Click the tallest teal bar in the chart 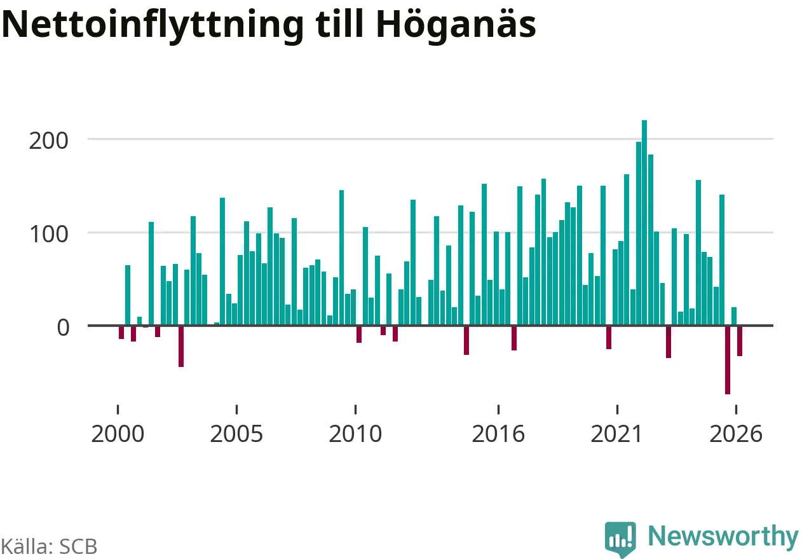644,223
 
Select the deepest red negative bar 728,360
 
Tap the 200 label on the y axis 49,141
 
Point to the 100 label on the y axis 49,235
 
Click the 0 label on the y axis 63,328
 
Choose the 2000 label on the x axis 118,434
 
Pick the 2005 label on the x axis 236,434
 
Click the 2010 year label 355,434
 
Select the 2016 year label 498,434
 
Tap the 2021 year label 617,434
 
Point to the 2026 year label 736,434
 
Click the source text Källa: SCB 49,546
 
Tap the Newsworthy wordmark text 723,537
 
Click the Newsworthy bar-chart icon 620,539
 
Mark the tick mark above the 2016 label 498,409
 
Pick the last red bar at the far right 740,341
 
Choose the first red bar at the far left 121,332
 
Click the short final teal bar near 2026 734,316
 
